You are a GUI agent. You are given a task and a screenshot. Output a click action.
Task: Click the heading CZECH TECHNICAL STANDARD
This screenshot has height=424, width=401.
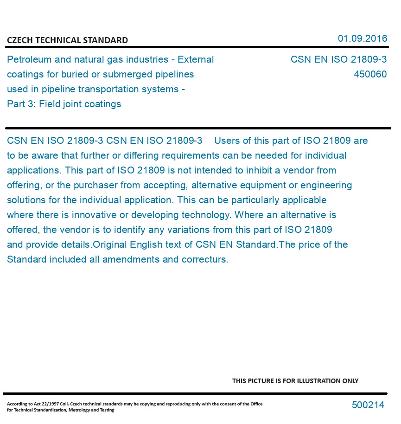click(x=67, y=40)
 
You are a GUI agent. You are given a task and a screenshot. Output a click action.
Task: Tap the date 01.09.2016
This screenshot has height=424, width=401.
click(x=362, y=39)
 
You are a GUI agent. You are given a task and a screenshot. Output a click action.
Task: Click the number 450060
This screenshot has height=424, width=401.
click(x=370, y=74)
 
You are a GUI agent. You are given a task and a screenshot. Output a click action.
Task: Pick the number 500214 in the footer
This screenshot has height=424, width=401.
click(x=368, y=405)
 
